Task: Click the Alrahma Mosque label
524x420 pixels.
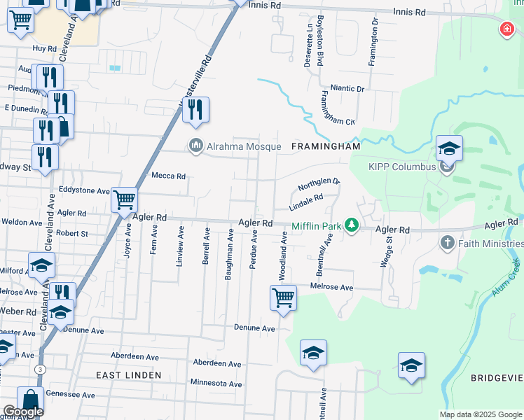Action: [x=243, y=146]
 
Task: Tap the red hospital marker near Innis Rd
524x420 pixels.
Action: [x=506, y=29]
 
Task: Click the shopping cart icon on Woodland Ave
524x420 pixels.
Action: [x=283, y=297]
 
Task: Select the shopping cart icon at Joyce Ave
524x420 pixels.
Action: [x=125, y=200]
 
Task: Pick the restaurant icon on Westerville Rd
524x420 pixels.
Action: [x=196, y=109]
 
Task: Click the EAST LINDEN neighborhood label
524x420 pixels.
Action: [x=129, y=375]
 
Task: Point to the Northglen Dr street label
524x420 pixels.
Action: [x=318, y=185]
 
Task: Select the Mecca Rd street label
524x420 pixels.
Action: [x=169, y=176]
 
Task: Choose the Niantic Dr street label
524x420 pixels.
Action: [x=347, y=89]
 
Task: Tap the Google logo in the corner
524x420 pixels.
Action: [x=22, y=412]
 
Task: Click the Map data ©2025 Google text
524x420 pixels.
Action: [x=481, y=414]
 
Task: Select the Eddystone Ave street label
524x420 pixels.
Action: [x=84, y=190]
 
